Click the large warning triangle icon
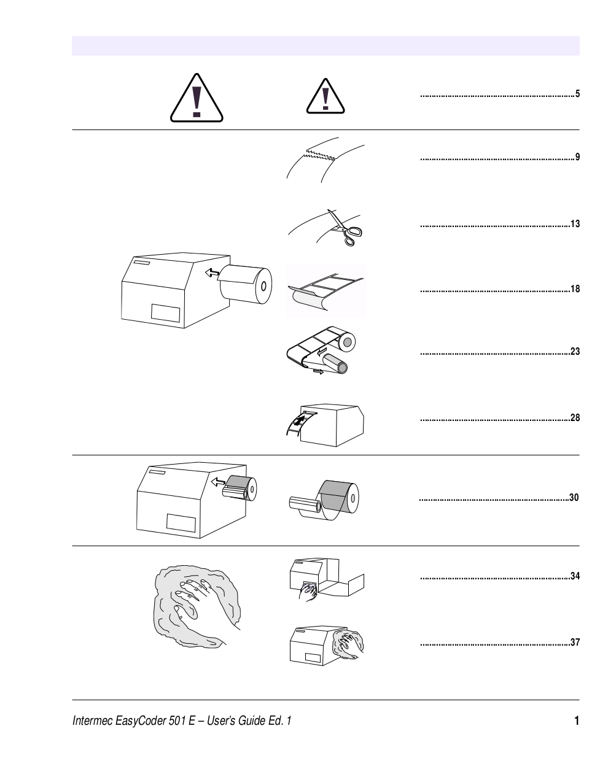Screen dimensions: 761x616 [196, 98]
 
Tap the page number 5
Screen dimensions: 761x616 [577, 95]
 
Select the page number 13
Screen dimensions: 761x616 [575, 224]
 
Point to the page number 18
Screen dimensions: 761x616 [575, 289]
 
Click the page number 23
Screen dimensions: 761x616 [575, 352]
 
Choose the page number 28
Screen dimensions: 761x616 [575, 418]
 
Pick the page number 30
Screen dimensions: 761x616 [574, 498]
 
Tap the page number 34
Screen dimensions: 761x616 [575, 576]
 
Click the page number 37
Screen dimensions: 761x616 [575, 643]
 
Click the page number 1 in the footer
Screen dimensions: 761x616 [576, 720]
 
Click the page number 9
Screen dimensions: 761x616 [577, 157]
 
